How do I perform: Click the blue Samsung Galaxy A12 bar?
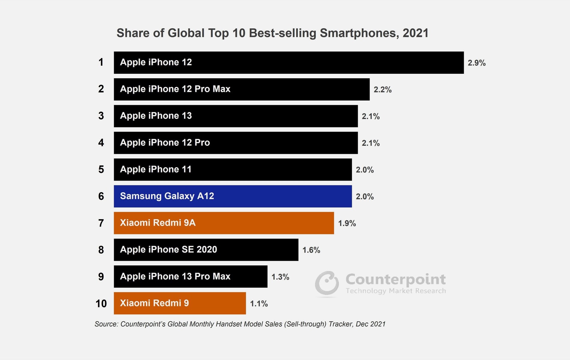click(x=233, y=196)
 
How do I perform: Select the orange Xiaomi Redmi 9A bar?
click(x=224, y=223)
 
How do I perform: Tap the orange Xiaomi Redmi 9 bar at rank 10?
click(x=179, y=303)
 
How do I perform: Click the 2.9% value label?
click(x=476, y=63)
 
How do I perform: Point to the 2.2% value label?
click(x=382, y=90)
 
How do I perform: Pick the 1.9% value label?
click(x=347, y=223)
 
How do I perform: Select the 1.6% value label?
click(x=311, y=250)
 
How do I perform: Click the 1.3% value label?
click(x=280, y=277)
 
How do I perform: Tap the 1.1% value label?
click(x=259, y=304)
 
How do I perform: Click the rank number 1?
click(x=101, y=62)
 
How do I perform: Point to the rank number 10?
click(x=101, y=304)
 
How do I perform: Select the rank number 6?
click(x=101, y=196)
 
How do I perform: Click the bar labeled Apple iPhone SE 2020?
click(x=206, y=250)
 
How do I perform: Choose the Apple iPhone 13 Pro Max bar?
click(x=190, y=276)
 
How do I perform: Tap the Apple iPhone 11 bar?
click(x=233, y=169)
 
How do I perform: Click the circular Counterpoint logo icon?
click(x=327, y=283)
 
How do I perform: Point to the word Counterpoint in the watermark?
click(x=395, y=279)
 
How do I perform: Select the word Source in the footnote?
click(x=106, y=324)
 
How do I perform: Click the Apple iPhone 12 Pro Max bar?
click(x=241, y=89)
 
